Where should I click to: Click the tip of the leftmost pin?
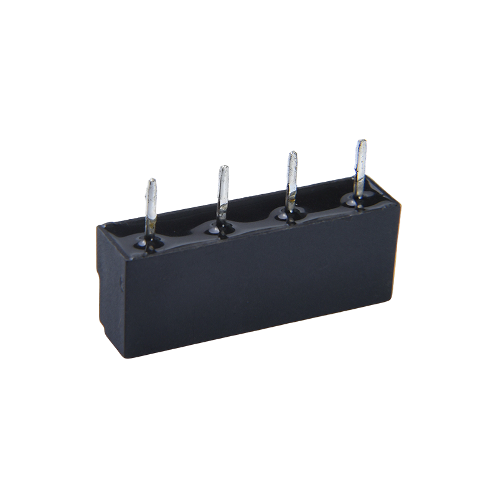(x=151, y=181)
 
